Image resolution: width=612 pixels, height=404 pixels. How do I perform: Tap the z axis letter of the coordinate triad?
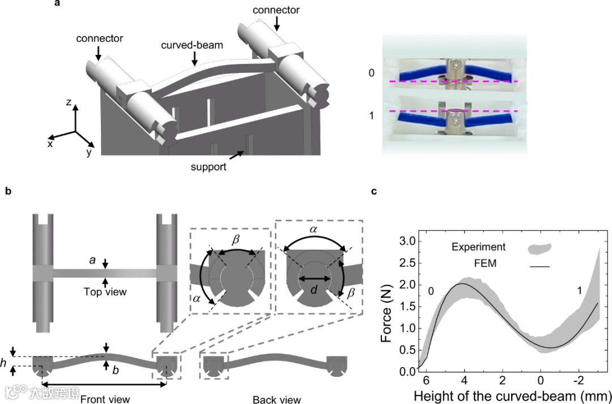coord(68,102)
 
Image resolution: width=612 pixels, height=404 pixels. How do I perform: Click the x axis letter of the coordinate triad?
coord(50,144)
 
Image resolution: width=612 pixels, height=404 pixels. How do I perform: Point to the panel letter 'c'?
coord(374,191)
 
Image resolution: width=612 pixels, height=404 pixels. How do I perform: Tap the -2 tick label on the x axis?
coord(578,378)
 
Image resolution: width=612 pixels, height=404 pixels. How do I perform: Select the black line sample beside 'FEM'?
coord(539,265)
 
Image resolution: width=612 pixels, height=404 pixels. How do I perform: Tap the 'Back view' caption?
coord(277,399)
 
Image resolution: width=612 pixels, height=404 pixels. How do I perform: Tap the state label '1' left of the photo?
coord(372,115)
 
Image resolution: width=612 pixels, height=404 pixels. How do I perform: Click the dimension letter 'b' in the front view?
coord(116,371)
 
